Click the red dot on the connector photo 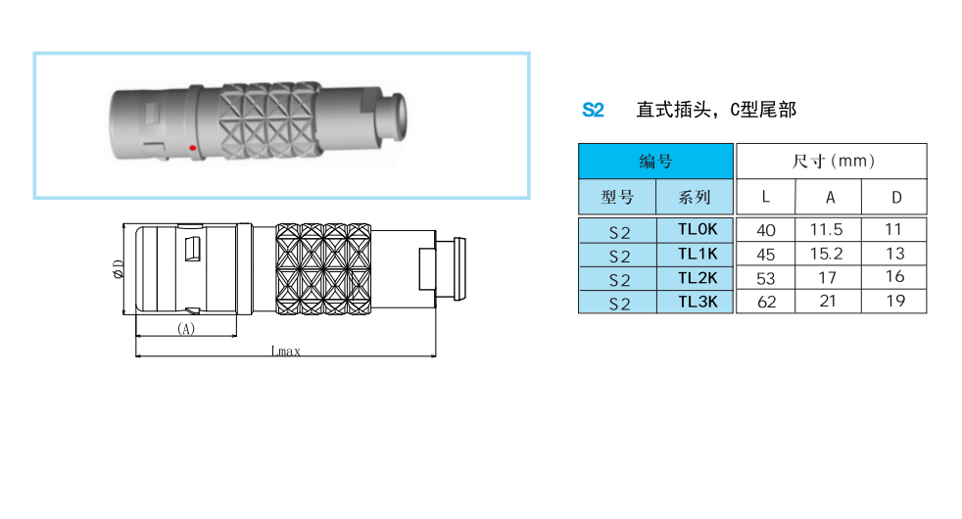click(193, 148)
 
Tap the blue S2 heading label click(593, 110)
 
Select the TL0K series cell click(696, 229)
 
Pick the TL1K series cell click(696, 254)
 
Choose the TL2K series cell click(696, 278)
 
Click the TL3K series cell click(696, 302)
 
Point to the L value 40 click(766, 231)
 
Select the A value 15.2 click(827, 254)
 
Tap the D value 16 click(894, 277)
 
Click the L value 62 click(766, 302)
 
